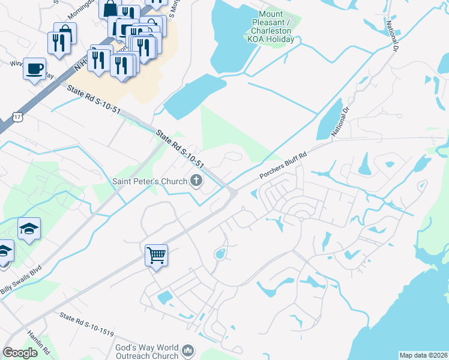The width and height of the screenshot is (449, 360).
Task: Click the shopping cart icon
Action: (156, 256)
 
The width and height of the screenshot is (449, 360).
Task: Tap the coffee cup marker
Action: (35, 68)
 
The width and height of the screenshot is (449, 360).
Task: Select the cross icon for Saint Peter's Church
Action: (196, 180)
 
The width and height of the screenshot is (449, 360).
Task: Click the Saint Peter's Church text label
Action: (150, 181)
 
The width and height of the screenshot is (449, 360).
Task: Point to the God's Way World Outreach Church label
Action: (147, 352)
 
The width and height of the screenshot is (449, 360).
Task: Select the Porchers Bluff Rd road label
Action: (283, 164)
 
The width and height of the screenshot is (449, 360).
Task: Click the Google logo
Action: (20, 352)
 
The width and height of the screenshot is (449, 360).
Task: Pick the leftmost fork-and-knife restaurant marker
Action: (58, 41)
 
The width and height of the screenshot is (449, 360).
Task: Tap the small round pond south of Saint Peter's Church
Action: (220, 254)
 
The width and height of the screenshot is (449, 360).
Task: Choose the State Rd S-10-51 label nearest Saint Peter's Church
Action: (180, 148)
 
